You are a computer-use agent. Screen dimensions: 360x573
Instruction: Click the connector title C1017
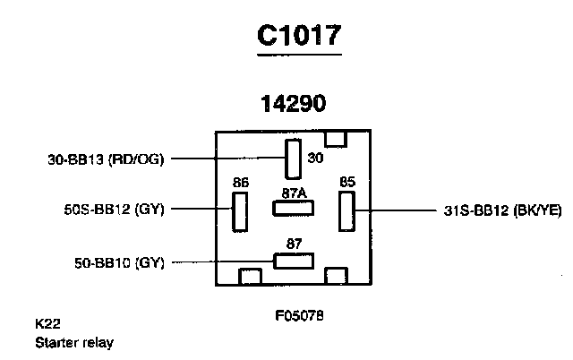pyautogui.click(x=298, y=36)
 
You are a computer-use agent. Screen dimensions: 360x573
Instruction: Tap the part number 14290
pyautogui.click(x=293, y=104)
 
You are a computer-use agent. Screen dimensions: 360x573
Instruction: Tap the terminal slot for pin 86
pyautogui.click(x=240, y=211)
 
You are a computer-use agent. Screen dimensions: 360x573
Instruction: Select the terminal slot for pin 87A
pyautogui.click(x=293, y=208)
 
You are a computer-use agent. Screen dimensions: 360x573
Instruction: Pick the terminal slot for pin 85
pyautogui.click(x=346, y=211)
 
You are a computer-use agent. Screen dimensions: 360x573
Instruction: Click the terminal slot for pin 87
pyautogui.click(x=293, y=261)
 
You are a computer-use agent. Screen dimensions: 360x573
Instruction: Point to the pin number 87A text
pyautogui.click(x=293, y=192)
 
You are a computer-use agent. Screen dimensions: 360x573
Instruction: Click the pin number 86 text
pyautogui.click(x=240, y=184)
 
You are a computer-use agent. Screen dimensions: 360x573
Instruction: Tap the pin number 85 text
pyautogui.click(x=347, y=183)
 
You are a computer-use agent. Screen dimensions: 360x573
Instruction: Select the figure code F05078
pyautogui.click(x=298, y=316)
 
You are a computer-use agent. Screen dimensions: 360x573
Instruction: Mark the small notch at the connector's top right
pyautogui.click(x=336, y=138)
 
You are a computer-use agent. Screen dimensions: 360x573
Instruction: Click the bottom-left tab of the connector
pyautogui.click(x=250, y=276)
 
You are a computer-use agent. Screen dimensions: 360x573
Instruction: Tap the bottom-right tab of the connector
pyautogui.click(x=337, y=276)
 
